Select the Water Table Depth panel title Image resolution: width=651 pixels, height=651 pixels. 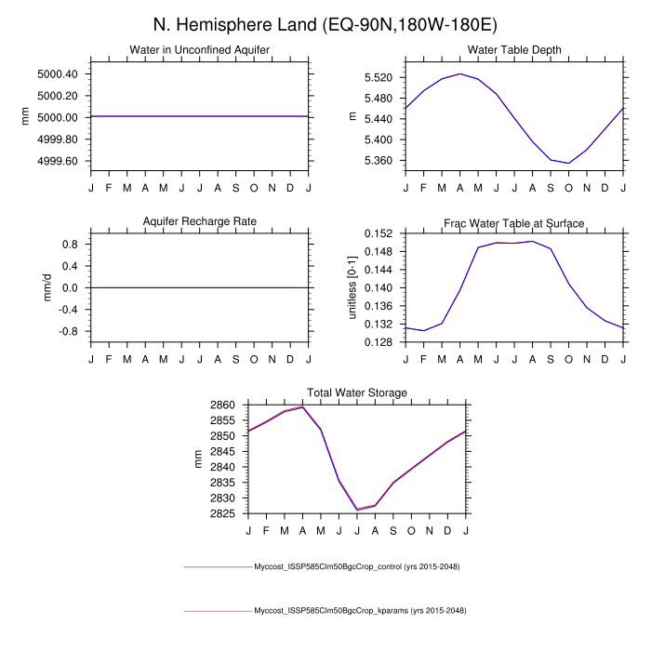(x=514, y=49)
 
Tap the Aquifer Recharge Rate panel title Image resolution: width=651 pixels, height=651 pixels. (x=200, y=221)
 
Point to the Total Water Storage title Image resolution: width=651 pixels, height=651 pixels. (x=357, y=393)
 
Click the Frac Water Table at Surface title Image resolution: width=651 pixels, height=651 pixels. (x=514, y=223)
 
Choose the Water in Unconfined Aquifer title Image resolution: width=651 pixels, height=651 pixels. (x=200, y=49)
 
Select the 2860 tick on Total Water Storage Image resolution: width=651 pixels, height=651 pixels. (x=224, y=405)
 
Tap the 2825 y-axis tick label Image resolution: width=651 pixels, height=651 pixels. (x=224, y=513)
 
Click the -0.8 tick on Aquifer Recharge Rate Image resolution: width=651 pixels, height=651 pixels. (x=69, y=331)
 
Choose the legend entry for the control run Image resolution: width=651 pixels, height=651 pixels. (x=357, y=566)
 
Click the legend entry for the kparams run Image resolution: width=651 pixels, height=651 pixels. (x=359, y=611)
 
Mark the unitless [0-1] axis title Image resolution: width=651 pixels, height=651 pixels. (x=352, y=287)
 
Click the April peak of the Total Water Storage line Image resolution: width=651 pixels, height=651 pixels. (x=303, y=406)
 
